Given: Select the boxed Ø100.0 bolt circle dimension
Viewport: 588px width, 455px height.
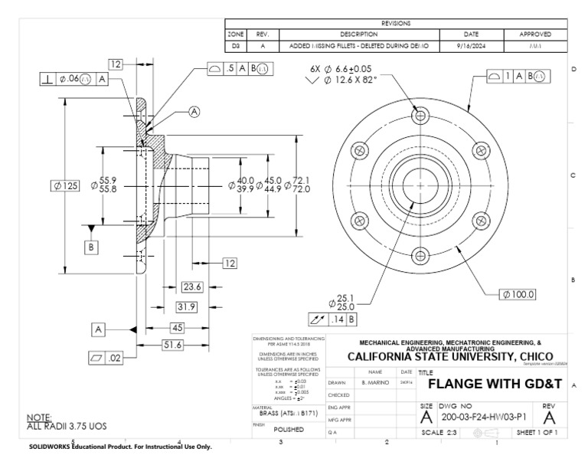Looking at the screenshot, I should pyautogui.click(x=518, y=293).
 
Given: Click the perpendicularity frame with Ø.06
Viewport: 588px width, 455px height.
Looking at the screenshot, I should pyautogui.click(x=73, y=77).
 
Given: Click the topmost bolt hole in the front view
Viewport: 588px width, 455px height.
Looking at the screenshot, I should pyautogui.click(x=420, y=114).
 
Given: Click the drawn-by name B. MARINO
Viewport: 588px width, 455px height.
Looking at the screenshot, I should pyautogui.click(x=376, y=381).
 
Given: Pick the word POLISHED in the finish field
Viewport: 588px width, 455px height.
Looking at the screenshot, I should pyautogui.click(x=289, y=430).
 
